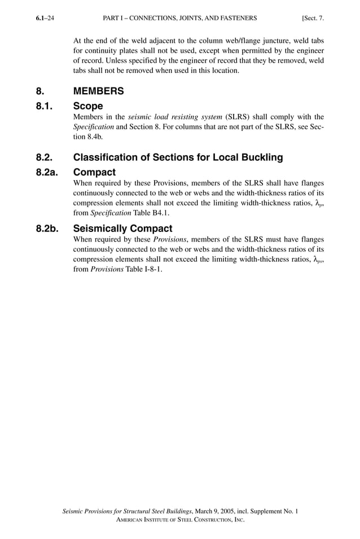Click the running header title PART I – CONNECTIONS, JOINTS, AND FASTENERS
point(180,18)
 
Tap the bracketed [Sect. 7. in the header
point(313,18)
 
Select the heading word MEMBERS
point(99,91)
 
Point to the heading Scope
point(88,106)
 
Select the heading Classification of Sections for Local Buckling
point(178,157)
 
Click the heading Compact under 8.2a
point(95,172)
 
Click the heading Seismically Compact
point(123,229)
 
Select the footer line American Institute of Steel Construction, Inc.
point(180,520)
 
